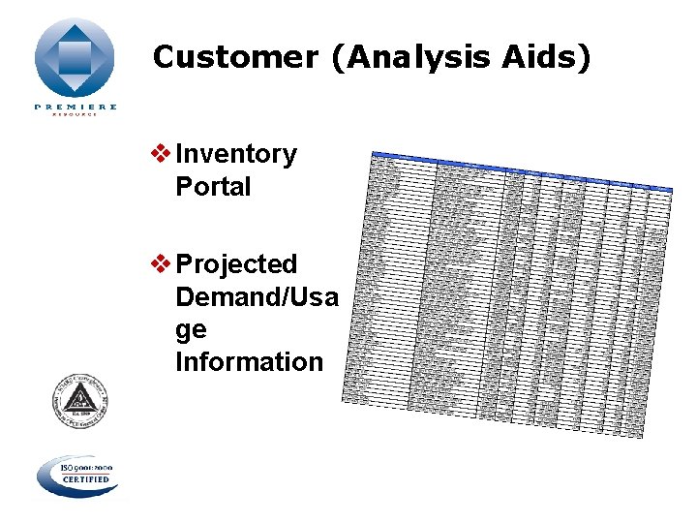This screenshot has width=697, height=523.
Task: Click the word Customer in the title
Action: [233, 57]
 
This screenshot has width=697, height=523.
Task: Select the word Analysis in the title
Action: [416, 57]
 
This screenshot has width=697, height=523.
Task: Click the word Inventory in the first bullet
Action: [236, 154]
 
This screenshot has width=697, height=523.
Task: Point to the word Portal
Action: [213, 186]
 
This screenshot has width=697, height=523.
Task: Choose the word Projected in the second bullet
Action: [236, 263]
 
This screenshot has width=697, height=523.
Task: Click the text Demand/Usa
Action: [257, 296]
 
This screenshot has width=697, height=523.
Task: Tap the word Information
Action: [249, 362]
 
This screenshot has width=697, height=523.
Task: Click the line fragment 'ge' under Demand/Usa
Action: [191, 330]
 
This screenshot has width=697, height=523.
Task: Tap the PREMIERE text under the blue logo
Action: [76, 107]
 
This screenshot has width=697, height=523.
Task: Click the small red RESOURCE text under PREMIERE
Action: [76, 115]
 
